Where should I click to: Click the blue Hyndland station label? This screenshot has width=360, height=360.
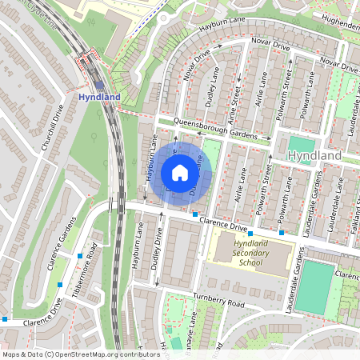pos(99,97)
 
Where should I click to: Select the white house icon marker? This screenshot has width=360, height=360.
pos(180,173)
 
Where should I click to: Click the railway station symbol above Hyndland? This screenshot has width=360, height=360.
pos(98,84)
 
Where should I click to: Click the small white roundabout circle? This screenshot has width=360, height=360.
pos(164,17)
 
